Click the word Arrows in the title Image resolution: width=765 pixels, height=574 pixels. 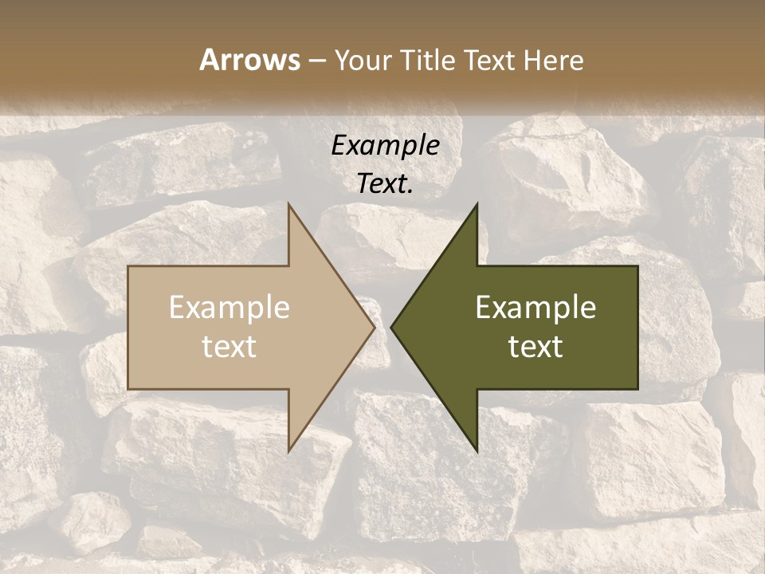[249, 60]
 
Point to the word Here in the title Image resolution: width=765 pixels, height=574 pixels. [554, 60]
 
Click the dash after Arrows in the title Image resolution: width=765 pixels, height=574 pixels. [316, 61]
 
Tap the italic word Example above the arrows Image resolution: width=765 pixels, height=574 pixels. [386, 145]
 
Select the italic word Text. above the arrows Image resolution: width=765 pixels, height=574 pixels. [386, 184]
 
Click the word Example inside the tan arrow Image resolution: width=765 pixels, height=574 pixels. [229, 308]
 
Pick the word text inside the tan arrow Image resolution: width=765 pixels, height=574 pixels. [229, 347]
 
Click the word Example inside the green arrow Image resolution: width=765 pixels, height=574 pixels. [535, 308]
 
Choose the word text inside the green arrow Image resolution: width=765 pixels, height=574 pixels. [535, 347]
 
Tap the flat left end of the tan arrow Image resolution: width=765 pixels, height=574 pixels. [129, 328]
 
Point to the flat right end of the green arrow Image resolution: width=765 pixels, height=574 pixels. [637, 328]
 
